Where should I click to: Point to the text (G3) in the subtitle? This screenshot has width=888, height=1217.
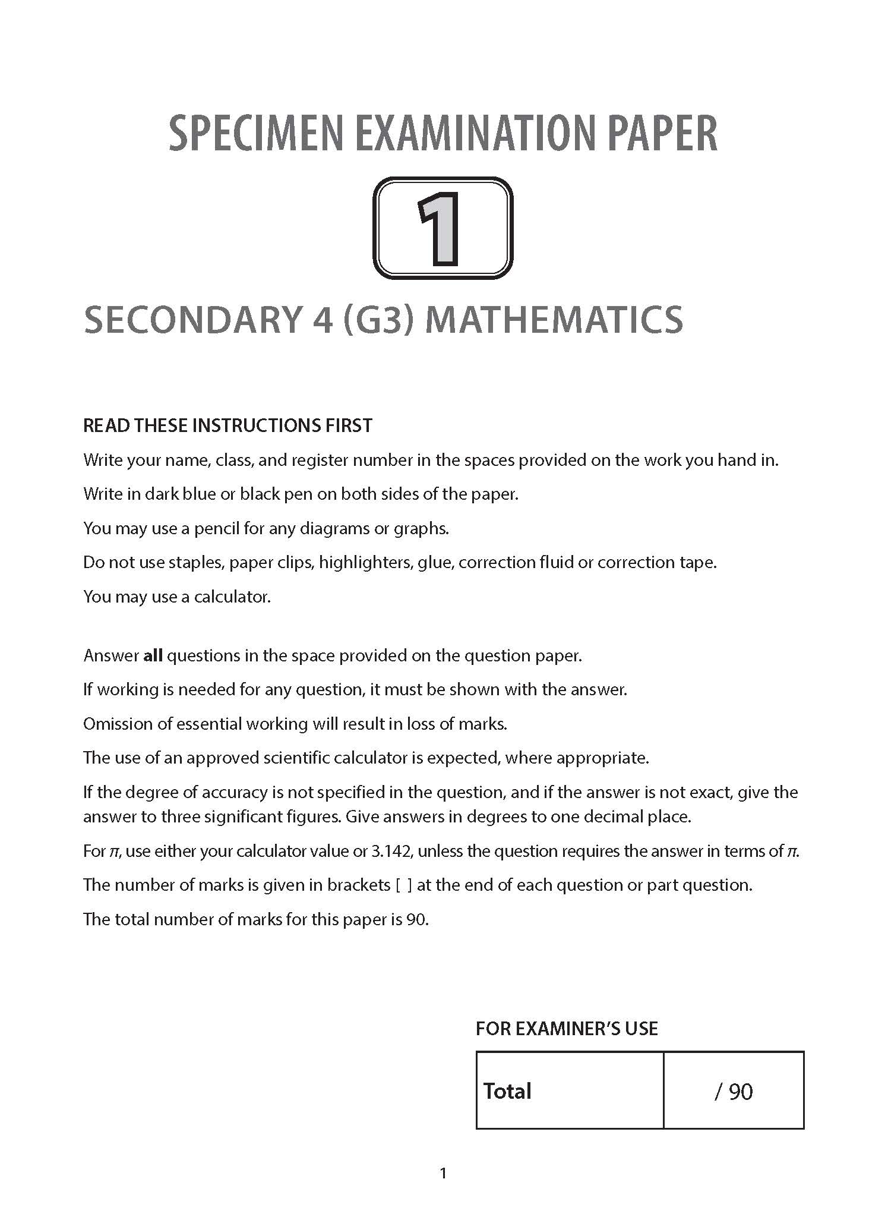(378, 319)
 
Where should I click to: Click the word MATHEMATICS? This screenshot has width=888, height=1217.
(554, 319)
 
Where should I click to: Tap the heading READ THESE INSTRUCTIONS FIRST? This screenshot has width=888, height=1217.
(227, 425)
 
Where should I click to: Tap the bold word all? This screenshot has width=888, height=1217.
(153, 655)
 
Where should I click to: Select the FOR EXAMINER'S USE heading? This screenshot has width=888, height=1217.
(567, 1029)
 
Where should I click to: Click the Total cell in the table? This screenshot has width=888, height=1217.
(508, 1091)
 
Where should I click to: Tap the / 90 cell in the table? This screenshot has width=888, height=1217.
(734, 1092)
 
